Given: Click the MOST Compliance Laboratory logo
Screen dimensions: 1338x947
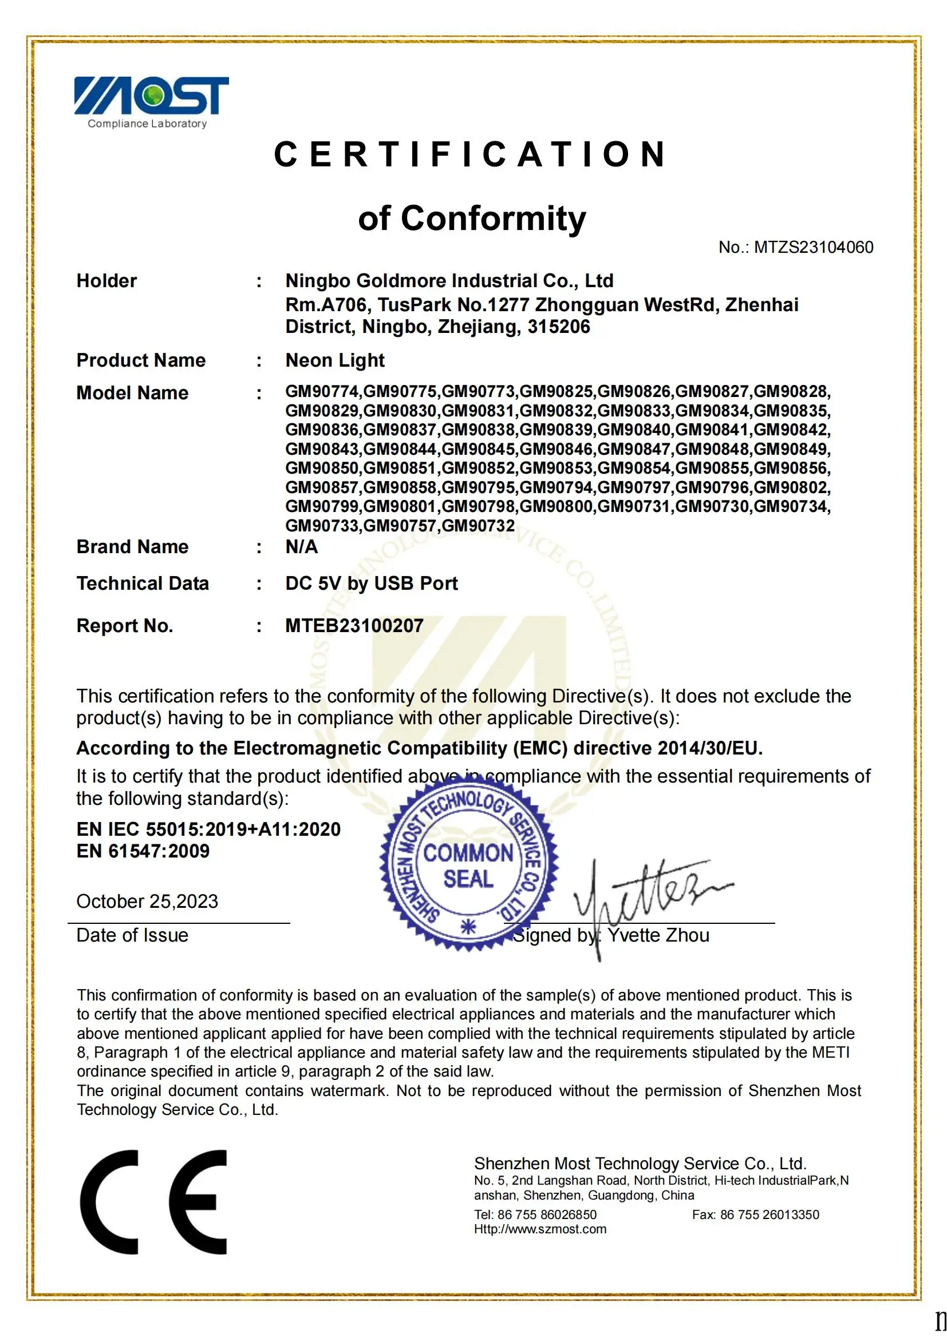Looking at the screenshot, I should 151,102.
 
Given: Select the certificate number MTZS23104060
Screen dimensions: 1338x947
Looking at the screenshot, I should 813,247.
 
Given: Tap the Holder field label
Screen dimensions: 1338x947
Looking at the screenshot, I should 106,281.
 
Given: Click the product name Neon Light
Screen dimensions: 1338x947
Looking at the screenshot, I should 335,360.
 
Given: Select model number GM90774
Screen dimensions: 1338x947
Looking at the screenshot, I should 322,391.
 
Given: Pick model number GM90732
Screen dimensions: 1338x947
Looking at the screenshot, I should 478,526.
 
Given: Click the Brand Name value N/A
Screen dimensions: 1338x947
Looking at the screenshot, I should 302,547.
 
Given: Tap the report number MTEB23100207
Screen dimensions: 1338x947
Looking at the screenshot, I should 354,625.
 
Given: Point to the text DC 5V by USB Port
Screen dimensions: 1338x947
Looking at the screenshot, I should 372,583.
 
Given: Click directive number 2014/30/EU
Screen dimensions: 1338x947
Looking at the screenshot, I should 709,748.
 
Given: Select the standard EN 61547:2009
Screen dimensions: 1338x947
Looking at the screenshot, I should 143,851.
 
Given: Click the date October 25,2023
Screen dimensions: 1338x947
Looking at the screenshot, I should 147,902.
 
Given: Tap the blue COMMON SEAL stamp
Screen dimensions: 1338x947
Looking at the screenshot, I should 469,865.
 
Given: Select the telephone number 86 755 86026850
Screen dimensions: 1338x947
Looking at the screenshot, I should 546,1214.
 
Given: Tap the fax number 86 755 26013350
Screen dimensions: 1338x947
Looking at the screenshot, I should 769,1214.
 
